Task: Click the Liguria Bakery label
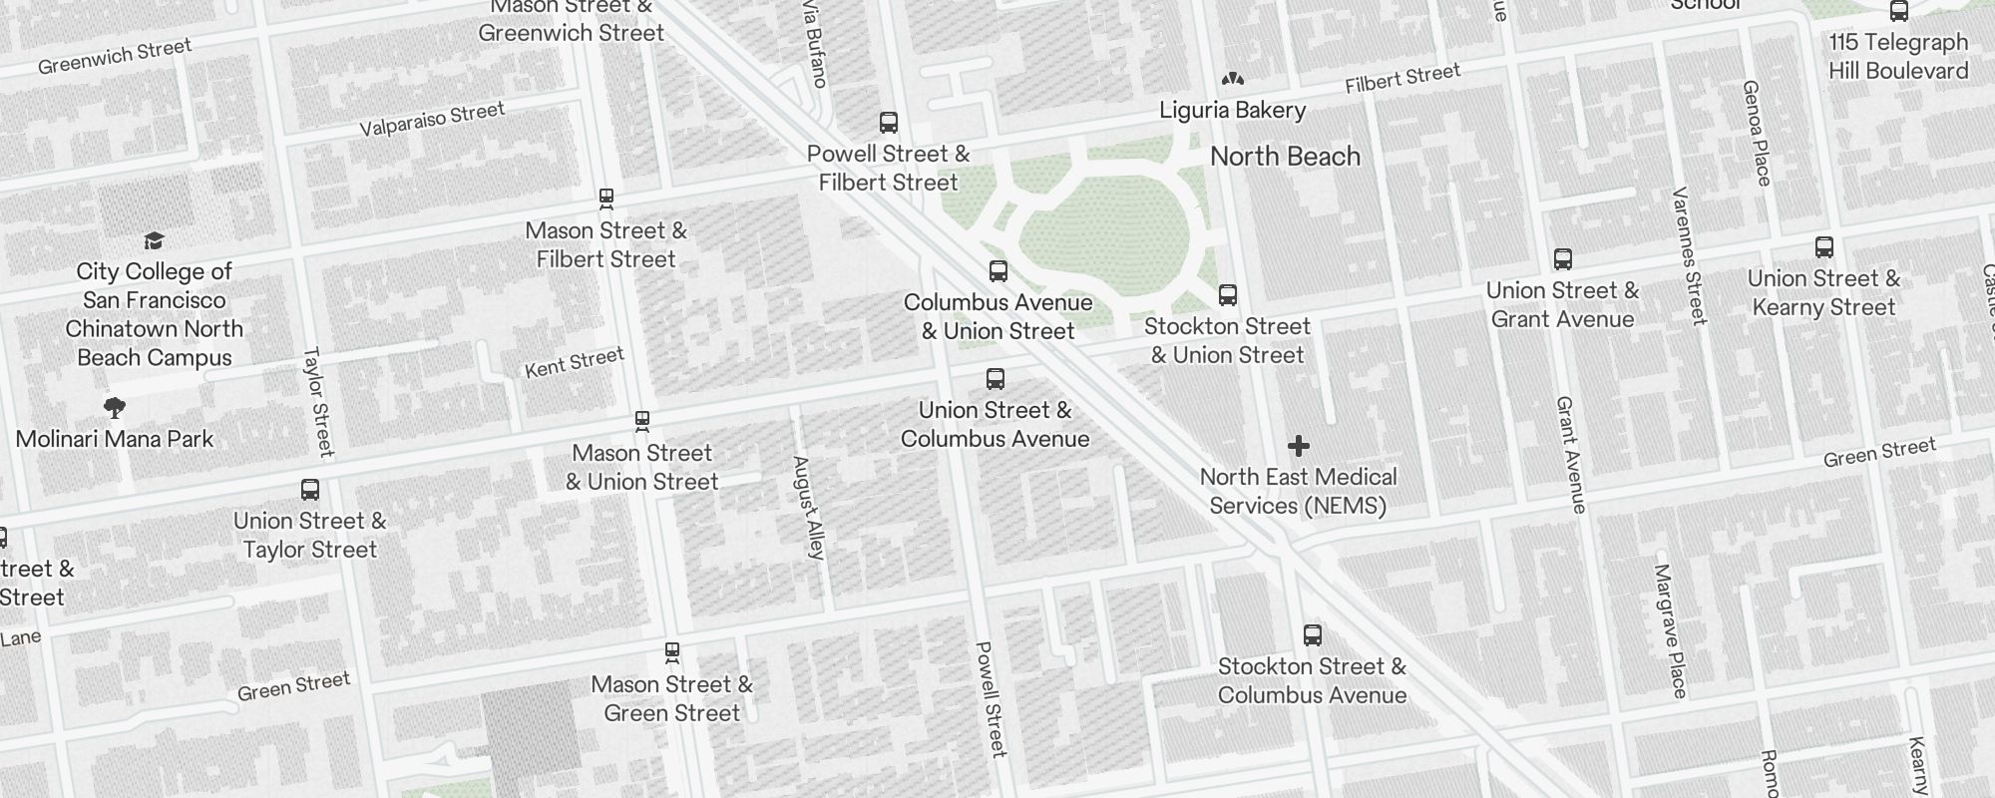point(1232,110)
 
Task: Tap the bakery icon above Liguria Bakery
point(1232,79)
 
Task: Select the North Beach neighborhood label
point(1285,157)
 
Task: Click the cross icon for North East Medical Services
point(1298,446)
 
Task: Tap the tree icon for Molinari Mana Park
point(115,407)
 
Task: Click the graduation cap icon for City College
point(154,240)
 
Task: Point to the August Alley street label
point(809,507)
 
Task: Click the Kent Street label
point(575,362)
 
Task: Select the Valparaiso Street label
point(432,119)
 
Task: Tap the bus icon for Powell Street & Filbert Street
point(888,123)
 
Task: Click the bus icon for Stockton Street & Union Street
point(1228,295)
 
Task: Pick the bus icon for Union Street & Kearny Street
point(1823,247)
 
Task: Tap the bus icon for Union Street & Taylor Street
point(310,490)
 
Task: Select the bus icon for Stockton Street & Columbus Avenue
point(1313,635)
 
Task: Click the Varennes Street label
point(1689,255)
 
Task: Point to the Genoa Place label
point(1757,133)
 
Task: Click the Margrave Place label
point(1670,630)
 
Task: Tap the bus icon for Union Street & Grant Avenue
point(1563,259)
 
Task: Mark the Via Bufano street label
point(816,45)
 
